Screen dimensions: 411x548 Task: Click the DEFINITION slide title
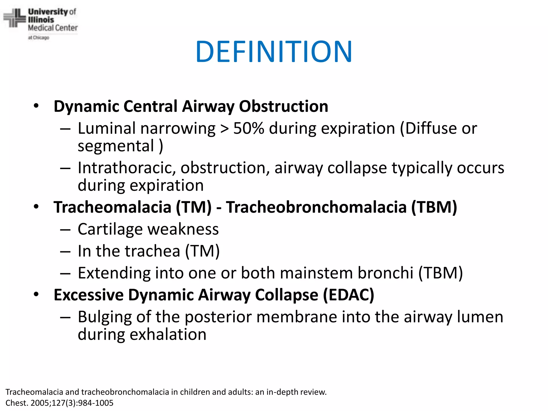pyautogui.click(x=274, y=51)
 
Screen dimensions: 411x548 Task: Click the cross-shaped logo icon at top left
pyautogui.click(x=15, y=18)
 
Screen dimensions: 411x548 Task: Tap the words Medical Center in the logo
pyautogui.click(x=53, y=28)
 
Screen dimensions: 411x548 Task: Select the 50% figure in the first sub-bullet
pyautogui.click(x=249, y=128)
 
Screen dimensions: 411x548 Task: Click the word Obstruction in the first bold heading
pyautogui.click(x=283, y=106)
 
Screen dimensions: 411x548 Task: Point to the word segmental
pyautogui.click(x=116, y=146)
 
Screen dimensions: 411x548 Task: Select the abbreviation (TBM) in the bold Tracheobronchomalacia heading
pyautogui.click(x=434, y=207)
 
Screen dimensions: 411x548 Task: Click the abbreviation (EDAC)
pyautogui.click(x=348, y=295)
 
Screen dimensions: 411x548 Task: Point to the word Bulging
pyautogui.click(x=105, y=317)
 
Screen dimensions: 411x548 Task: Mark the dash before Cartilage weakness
pyautogui.click(x=65, y=230)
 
